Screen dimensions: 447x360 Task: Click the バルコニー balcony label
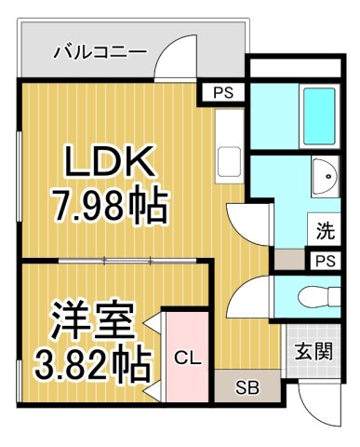(100, 50)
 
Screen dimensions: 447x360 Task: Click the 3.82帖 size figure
(91, 364)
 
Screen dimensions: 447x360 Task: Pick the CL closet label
(187, 357)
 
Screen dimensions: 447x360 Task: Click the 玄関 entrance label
(313, 353)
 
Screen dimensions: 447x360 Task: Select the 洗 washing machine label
(323, 228)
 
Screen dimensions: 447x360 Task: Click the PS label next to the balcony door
(222, 92)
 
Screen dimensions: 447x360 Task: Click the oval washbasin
(325, 176)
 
